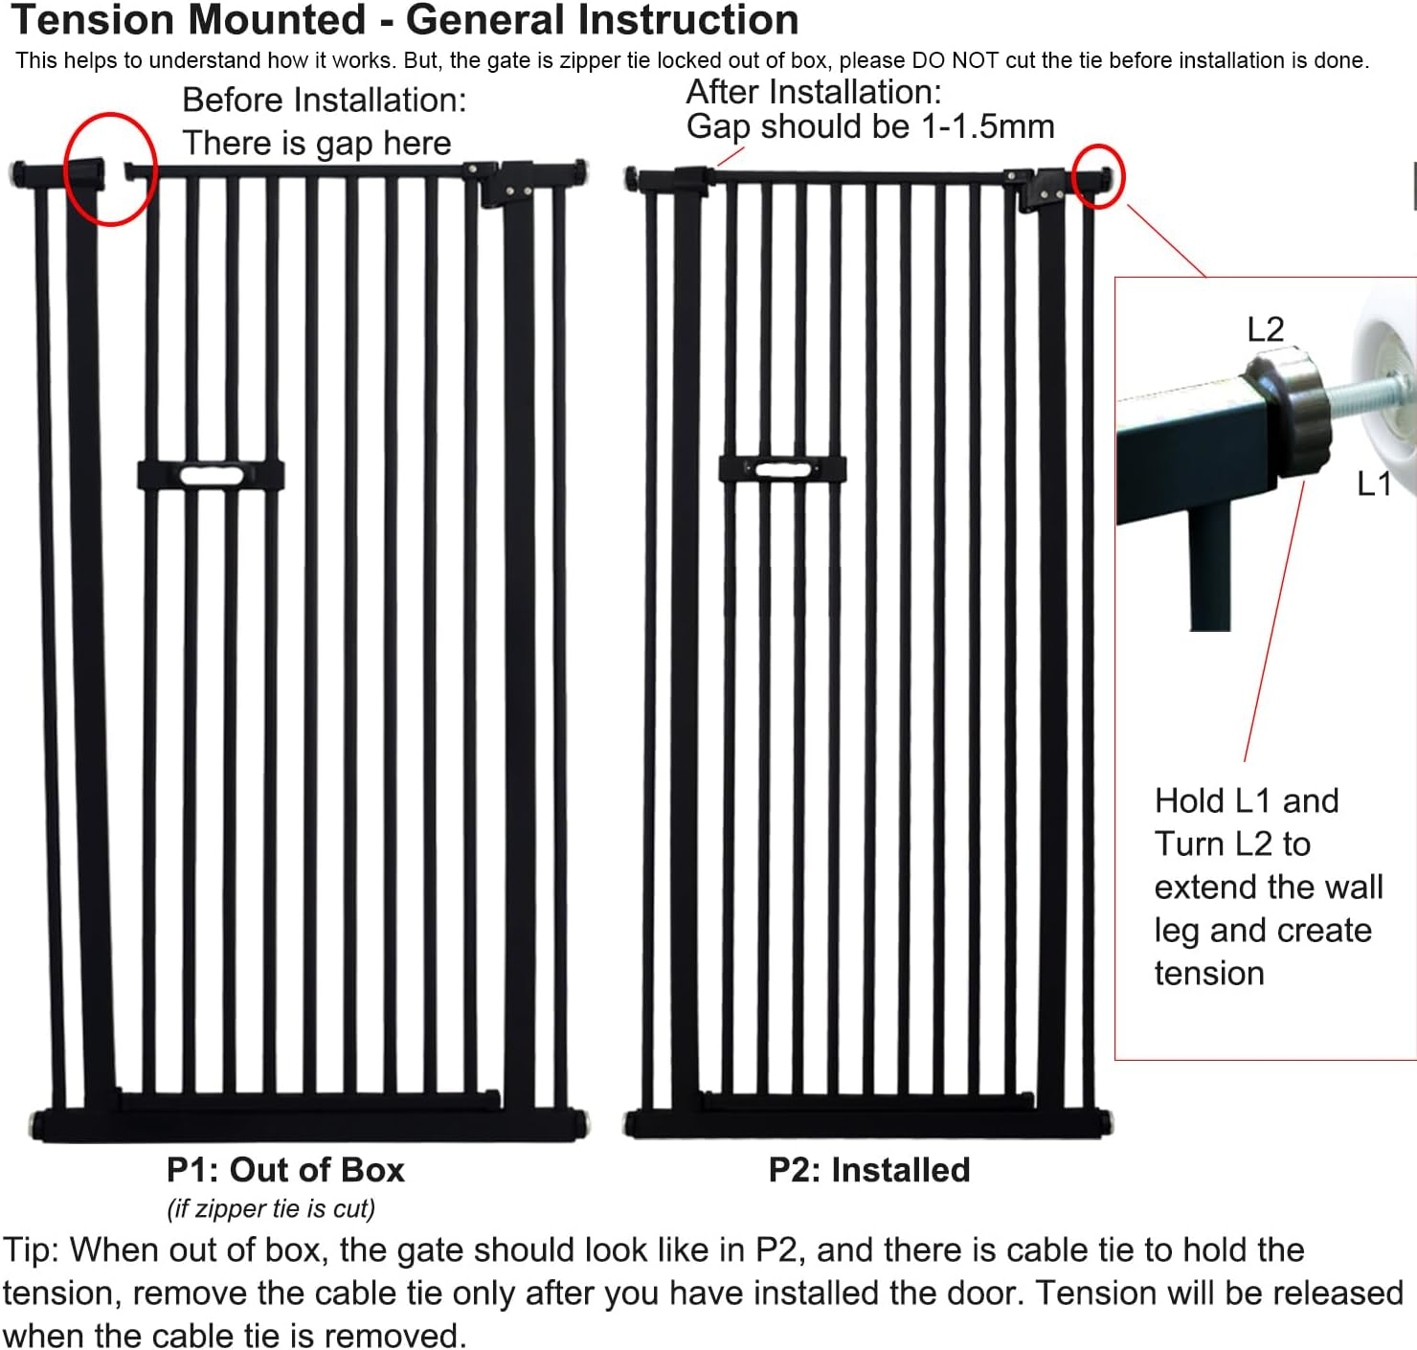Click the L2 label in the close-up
tap(1265, 330)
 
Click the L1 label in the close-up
tap(1373, 484)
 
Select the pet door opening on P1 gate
tap(212, 476)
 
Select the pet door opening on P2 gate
tap(783, 469)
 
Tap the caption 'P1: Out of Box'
tap(285, 1170)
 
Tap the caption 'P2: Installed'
tap(869, 1170)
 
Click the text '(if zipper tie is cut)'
tap(271, 1209)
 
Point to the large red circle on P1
tap(110, 169)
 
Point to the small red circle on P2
tap(1099, 176)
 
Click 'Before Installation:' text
tap(324, 101)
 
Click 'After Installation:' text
tap(814, 92)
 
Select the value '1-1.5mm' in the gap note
tap(987, 126)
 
